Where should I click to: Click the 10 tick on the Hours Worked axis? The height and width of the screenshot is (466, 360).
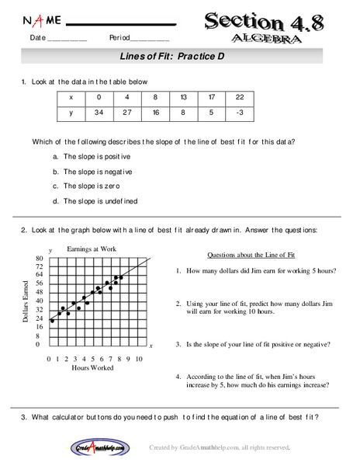pos(139,359)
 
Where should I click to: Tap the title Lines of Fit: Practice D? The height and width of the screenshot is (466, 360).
pos(178,57)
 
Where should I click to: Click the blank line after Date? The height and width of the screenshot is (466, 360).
pos(68,39)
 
